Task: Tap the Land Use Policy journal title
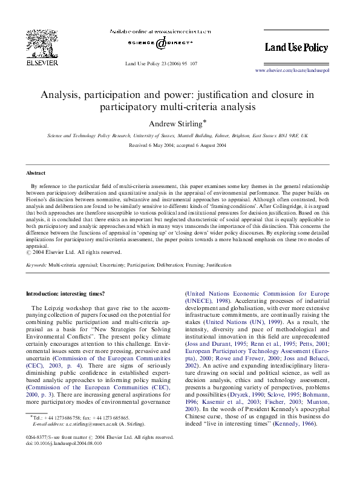(296, 47)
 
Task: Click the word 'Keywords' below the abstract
(36, 265)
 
